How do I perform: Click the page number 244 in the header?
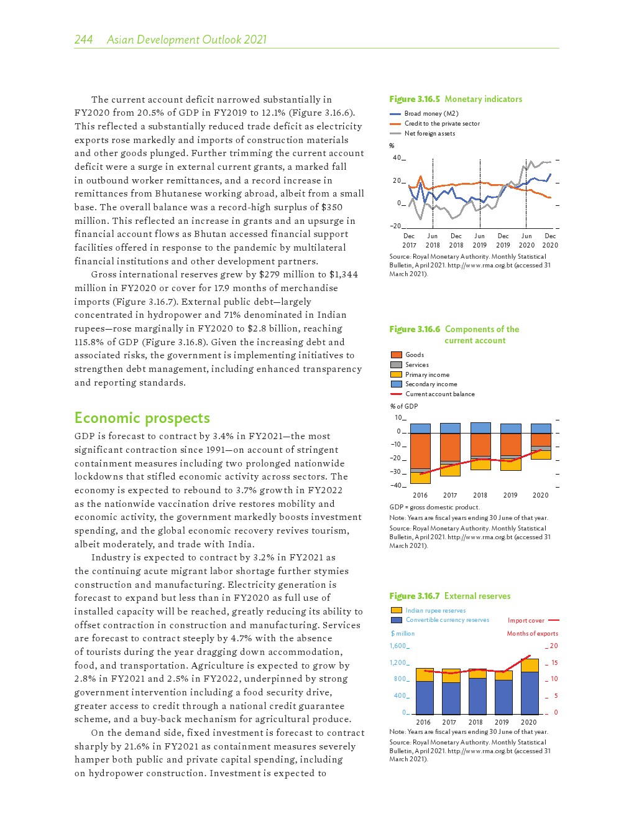pos(83,40)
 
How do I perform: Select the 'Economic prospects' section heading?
pos(142,418)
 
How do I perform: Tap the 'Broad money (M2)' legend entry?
pos(431,114)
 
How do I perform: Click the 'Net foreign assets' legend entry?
pos(430,134)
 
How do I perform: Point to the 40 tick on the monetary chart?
pos(397,158)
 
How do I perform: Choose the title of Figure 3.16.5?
pos(456,99)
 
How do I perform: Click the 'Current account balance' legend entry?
pos(439,394)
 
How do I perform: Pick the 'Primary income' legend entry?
pos(427,375)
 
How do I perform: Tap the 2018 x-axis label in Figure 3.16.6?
pos(480,496)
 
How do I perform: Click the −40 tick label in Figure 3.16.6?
pos(396,486)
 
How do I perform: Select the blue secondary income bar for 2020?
pos(541,429)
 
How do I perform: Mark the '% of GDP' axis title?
pos(404,407)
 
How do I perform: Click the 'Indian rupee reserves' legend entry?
pos(435,611)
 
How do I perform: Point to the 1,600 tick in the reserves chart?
pos(398,646)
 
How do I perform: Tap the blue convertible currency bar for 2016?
pos(425,697)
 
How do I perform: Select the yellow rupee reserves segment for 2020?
pos(530,665)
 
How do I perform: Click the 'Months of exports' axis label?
pos(532,634)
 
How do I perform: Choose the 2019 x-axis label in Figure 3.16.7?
pos(502,723)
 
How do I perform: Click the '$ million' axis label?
pos(403,634)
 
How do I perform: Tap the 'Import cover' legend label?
pos(526,621)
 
